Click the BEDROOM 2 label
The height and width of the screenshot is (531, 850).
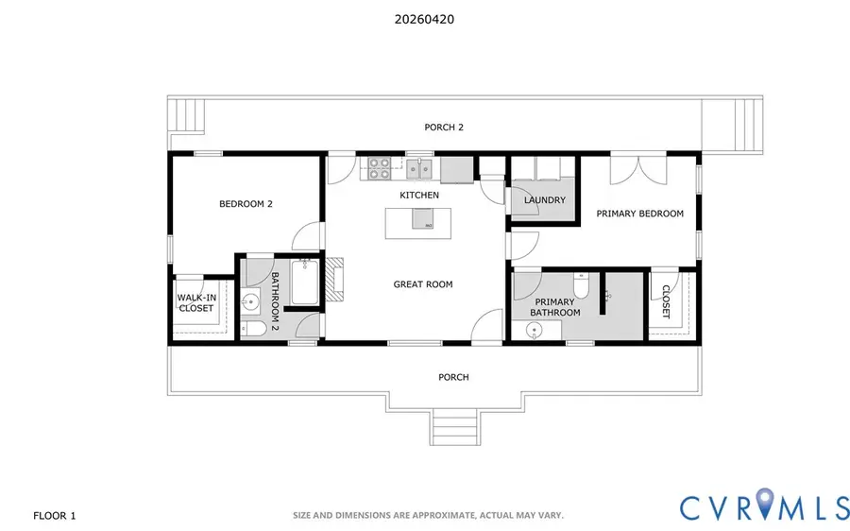point(246,203)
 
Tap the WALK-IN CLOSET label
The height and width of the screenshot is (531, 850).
point(195,302)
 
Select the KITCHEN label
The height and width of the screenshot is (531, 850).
point(419,195)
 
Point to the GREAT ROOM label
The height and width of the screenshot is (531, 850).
point(423,283)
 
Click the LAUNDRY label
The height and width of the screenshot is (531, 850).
point(545,200)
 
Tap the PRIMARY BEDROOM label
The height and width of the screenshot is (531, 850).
point(639,214)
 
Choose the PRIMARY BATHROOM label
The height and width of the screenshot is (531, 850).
point(554,306)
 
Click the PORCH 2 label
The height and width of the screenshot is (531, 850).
point(444,127)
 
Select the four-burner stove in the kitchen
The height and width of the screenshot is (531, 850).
point(380,168)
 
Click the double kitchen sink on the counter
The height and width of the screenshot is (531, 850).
point(421,169)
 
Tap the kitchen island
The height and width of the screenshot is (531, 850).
point(411,221)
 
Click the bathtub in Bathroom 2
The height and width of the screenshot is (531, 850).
point(304,283)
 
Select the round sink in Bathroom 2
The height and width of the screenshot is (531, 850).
point(250,303)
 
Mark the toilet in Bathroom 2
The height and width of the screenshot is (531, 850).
point(250,329)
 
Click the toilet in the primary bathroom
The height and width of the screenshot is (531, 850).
point(582,283)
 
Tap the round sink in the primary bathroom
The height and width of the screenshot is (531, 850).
point(535,331)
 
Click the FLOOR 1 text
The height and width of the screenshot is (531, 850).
point(54,515)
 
